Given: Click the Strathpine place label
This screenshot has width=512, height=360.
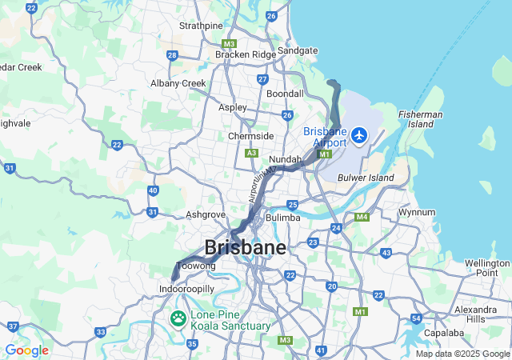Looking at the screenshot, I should [201, 26].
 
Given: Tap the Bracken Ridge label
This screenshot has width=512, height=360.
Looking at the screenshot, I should [245, 54].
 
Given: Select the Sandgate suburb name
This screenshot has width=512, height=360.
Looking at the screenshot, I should [298, 50].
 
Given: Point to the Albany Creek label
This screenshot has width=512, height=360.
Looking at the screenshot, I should [178, 83].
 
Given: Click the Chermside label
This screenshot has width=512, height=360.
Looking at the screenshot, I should [250, 136].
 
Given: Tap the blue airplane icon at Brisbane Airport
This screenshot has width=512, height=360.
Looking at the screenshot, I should [359, 135].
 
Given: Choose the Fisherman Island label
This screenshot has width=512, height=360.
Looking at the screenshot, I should [420, 119].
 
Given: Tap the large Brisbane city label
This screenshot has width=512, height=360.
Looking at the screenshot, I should [245, 247].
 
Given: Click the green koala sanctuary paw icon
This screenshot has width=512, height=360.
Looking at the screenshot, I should [178, 319].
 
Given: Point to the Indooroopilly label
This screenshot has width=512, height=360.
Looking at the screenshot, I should [187, 289].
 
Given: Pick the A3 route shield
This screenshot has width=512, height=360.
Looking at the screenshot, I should [252, 152].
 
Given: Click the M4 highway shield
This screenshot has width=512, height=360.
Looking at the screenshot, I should [362, 217].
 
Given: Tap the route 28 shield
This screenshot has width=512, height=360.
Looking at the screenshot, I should [172, 55].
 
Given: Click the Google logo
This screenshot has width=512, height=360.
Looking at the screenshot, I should [26, 350].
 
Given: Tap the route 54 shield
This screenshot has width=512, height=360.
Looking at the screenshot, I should [416, 318].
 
